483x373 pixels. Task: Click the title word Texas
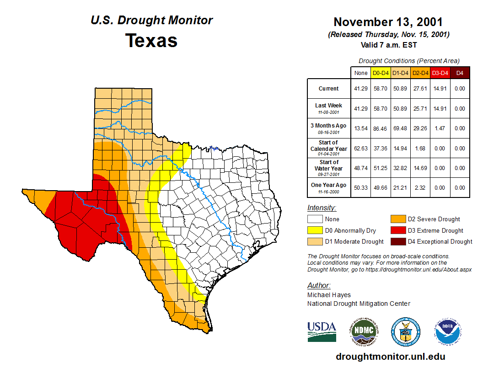coord(151,40)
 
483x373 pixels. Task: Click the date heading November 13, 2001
coord(388,22)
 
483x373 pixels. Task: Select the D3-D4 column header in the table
coord(440,73)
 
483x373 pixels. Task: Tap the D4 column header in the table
coord(460,73)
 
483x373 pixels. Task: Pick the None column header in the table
coord(361,73)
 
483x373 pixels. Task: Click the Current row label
coord(329,89)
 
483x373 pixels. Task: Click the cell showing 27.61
coord(420,89)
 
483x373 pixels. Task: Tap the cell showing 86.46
coord(381,128)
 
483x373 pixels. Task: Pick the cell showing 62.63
coord(361,149)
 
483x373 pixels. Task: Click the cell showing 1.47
coord(440,128)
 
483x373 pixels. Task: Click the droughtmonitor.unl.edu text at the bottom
coord(390,357)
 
